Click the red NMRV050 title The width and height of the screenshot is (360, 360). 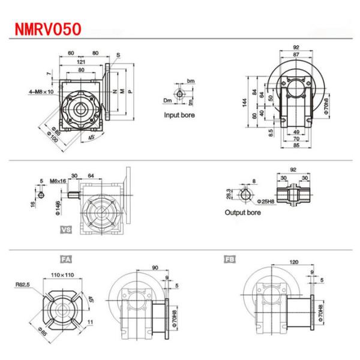click(45, 28)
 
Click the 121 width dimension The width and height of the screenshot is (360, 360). click(80, 61)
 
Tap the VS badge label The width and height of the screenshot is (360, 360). click(65, 229)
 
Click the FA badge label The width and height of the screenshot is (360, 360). click(65, 259)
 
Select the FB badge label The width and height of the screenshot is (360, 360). click(229, 259)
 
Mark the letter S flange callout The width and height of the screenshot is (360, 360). click(118, 55)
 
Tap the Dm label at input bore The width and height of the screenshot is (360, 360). click(169, 100)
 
